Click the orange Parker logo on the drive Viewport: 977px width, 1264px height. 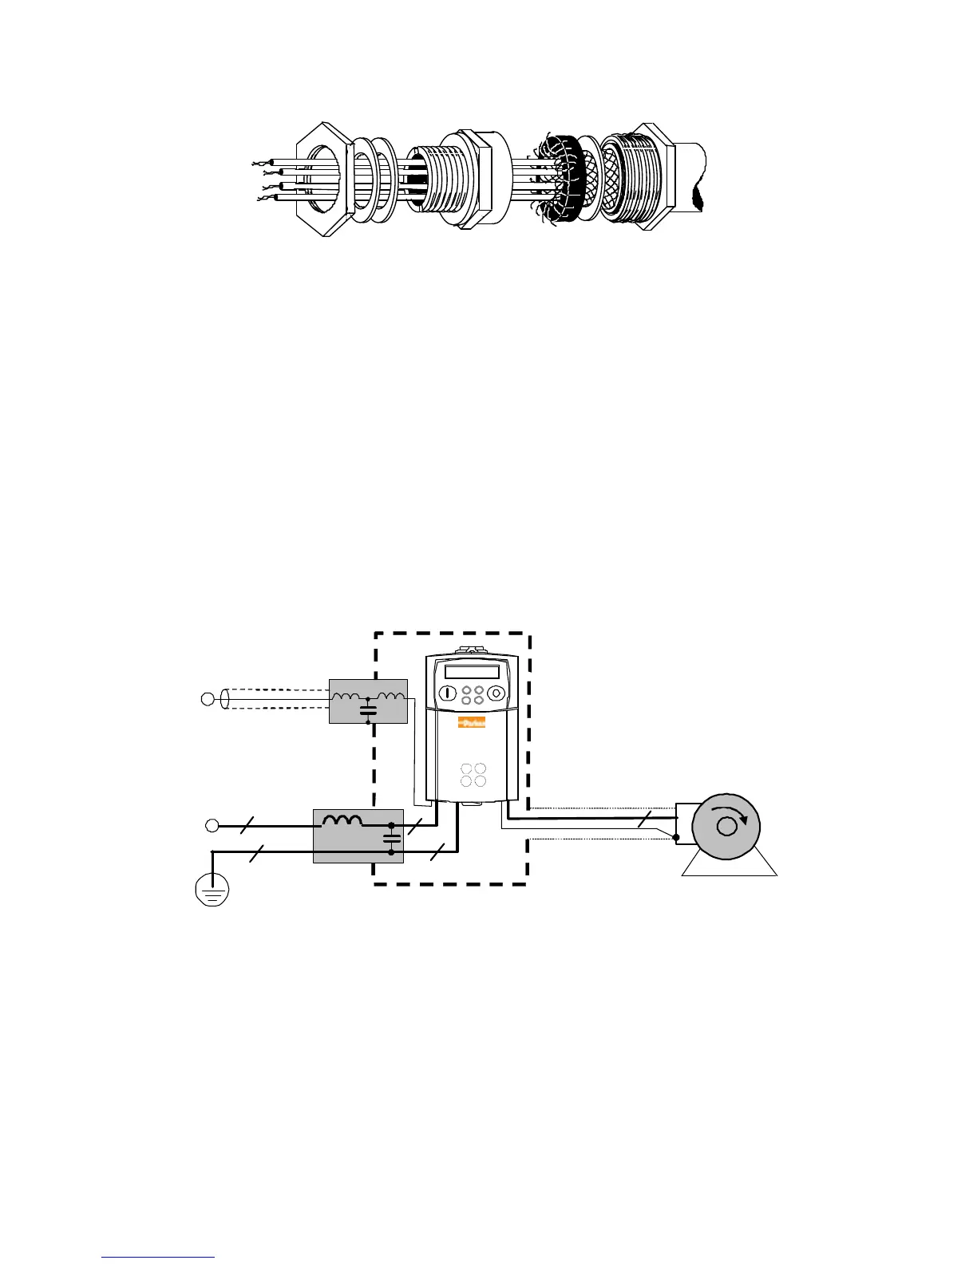[472, 724]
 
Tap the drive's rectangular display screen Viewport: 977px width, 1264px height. [472, 672]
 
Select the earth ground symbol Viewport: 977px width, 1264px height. [212, 890]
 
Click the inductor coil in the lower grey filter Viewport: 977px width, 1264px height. [342, 820]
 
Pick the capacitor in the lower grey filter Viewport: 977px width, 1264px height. [391, 839]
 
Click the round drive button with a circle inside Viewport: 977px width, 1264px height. [496, 693]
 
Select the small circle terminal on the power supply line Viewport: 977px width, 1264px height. [212, 825]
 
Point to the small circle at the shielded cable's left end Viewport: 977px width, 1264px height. [208, 700]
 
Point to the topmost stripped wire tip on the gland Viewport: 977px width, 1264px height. [256, 164]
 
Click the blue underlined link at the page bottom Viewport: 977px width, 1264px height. [158, 1257]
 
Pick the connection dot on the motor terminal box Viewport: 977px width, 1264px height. [676, 837]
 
